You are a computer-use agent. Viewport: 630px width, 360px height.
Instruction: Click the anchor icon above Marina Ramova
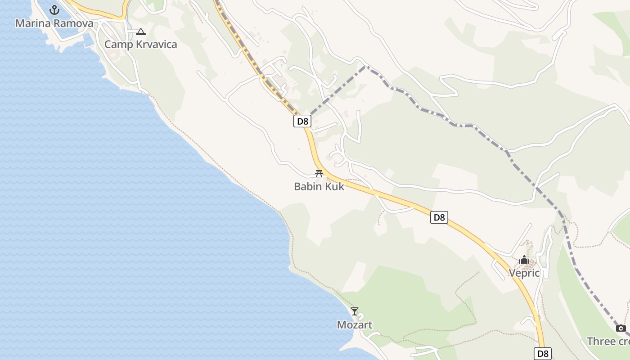[54, 9]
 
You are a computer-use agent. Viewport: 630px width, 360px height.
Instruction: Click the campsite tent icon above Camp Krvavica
[141, 31]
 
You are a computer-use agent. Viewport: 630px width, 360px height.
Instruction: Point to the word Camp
[119, 45]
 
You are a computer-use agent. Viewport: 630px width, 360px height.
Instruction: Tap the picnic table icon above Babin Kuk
[319, 174]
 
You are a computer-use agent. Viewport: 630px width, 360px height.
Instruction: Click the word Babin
[308, 186]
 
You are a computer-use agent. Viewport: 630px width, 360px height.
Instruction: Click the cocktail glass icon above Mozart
[355, 311]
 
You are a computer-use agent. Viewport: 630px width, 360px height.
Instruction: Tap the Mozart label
[355, 325]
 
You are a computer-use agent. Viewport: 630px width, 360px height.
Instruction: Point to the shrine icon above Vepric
[524, 260]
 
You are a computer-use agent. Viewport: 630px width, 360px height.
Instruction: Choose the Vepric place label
[524, 273]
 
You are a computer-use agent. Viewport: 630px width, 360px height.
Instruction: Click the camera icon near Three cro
[621, 328]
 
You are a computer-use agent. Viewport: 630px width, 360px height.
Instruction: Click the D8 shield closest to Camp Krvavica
[302, 121]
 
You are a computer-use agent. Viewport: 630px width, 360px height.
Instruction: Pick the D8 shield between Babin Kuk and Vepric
[439, 217]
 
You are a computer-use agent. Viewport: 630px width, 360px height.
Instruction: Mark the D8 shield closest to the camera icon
[543, 353]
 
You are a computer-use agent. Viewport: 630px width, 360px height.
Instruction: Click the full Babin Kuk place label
[319, 186]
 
